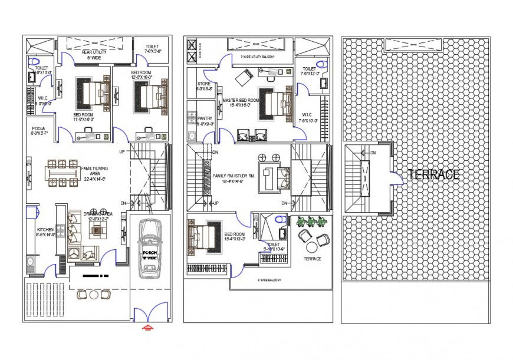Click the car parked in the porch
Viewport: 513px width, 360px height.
pyautogui.click(x=150, y=248)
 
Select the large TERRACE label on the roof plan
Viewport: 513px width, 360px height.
pyautogui.click(x=433, y=174)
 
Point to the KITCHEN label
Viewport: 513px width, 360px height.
pyautogui.click(x=45, y=230)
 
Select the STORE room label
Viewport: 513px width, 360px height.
pyautogui.click(x=204, y=84)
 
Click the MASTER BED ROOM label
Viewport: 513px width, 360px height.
pyautogui.click(x=241, y=101)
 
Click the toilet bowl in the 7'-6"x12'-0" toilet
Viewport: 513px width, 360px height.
pyautogui.click(x=321, y=64)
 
